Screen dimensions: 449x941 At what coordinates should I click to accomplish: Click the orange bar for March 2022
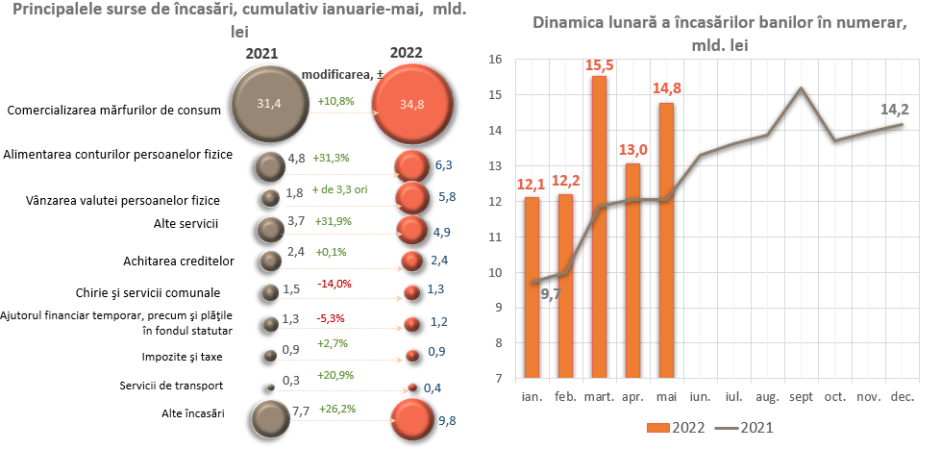(x=599, y=227)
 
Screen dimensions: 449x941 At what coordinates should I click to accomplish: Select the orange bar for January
(x=532, y=287)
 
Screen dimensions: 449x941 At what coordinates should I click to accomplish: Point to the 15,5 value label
(x=599, y=66)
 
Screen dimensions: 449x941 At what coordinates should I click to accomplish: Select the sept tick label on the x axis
(x=800, y=396)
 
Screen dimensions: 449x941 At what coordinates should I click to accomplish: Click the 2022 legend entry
(x=675, y=427)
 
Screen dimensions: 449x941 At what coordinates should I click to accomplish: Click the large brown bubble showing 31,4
(x=270, y=103)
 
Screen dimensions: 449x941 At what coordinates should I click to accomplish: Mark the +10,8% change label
(x=335, y=101)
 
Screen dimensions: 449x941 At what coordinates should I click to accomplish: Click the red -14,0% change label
(x=334, y=284)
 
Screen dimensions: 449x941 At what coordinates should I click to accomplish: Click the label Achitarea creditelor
(x=180, y=261)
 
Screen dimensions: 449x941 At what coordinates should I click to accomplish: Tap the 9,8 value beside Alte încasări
(x=445, y=420)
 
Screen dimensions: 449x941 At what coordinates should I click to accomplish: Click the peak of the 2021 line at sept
(x=801, y=88)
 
